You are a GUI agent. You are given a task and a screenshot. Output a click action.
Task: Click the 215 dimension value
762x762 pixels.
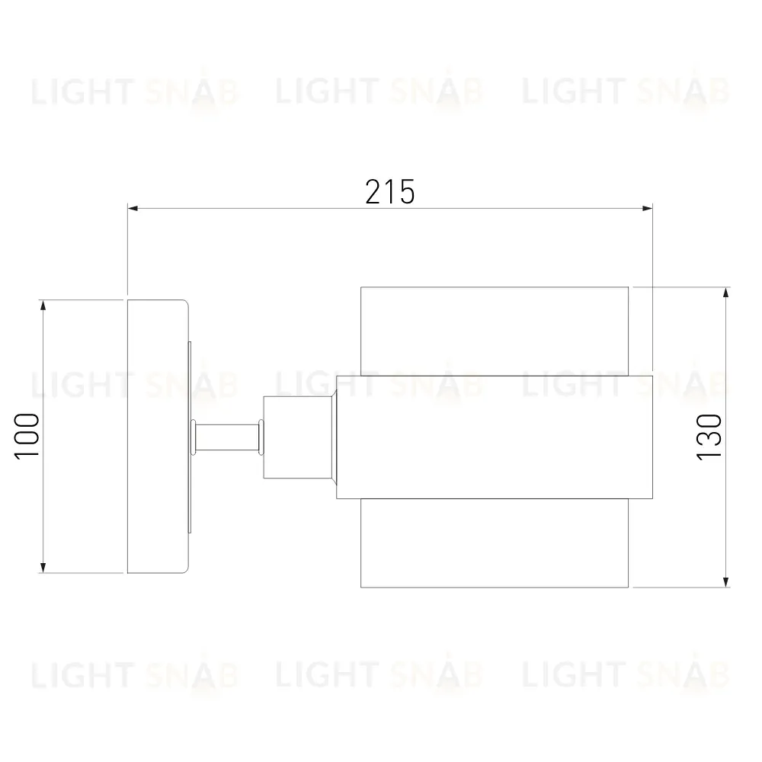coord(389,191)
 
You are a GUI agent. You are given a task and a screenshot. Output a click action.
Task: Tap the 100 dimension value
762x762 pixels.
coord(27,436)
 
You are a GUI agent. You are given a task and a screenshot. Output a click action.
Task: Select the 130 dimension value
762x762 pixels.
coord(709,437)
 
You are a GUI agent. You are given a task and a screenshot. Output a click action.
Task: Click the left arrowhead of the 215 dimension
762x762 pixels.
coord(133,209)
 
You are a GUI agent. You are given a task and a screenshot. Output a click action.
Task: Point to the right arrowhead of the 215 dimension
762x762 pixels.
coord(647,209)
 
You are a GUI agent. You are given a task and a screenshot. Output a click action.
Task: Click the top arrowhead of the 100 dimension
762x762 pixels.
coord(43,306)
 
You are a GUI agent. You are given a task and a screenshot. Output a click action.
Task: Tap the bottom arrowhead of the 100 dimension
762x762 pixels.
coord(43,568)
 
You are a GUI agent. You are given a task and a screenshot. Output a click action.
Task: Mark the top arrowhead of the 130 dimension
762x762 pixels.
coord(726,293)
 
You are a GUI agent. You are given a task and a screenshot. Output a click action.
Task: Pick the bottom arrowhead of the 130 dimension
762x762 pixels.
coord(726,582)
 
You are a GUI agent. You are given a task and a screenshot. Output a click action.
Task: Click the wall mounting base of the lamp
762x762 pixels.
coord(158,437)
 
